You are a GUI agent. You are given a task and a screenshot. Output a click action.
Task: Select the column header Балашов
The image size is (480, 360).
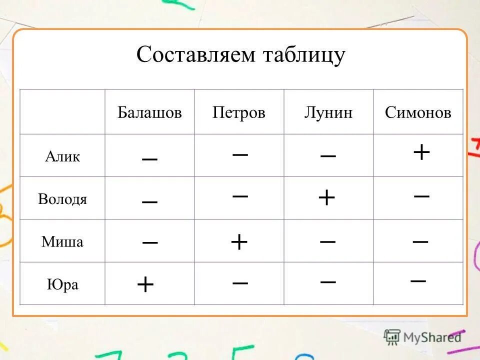pyautogui.click(x=149, y=112)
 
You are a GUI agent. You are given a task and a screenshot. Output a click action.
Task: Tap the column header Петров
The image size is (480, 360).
pyautogui.click(x=239, y=112)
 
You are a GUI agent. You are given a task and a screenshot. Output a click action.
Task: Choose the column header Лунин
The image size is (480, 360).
pyautogui.click(x=328, y=112)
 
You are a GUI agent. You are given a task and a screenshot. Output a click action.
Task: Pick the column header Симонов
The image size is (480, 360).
pyautogui.click(x=418, y=112)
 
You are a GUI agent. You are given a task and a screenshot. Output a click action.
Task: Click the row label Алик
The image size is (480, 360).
pyautogui.click(x=62, y=156)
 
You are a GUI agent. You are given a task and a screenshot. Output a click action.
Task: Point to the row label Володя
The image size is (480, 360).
pyautogui.click(x=62, y=199)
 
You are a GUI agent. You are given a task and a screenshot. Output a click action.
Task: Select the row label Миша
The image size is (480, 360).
pyautogui.click(x=62, y=242)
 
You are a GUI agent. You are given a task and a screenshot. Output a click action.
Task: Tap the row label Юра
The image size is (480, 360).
pyautogui.click(x=62, y=285)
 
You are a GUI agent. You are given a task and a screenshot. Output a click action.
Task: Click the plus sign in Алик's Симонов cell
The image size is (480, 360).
pyautogui.click(x=421, y=151)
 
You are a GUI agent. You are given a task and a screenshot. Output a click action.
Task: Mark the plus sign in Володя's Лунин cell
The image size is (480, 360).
pyautogui.click(x=326, y=198)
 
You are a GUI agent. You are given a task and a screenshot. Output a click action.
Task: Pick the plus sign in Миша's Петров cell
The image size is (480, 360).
pyautogui.click(x=239, y=242)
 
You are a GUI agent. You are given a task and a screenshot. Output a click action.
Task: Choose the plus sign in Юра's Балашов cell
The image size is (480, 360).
pyautogui.click(x=145, y=285)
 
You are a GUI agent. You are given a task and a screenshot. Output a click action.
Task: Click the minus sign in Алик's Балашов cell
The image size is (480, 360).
pyautogui.click(x=149, y=158)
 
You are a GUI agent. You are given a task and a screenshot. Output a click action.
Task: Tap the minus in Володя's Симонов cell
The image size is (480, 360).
pyautogui.click(x=421, y=196)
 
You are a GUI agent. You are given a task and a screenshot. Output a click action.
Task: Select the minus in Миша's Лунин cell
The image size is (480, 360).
pyautogui.click(x=327, y=241)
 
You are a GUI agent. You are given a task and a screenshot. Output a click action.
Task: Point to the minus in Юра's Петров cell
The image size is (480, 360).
pyautogui.click(x=240, y=282)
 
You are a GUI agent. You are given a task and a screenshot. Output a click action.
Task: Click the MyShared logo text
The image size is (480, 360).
pyautogui.click(x=431, y=337)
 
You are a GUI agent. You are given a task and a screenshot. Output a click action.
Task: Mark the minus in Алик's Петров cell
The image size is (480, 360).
pyautogui.click(x=240, y=154)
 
